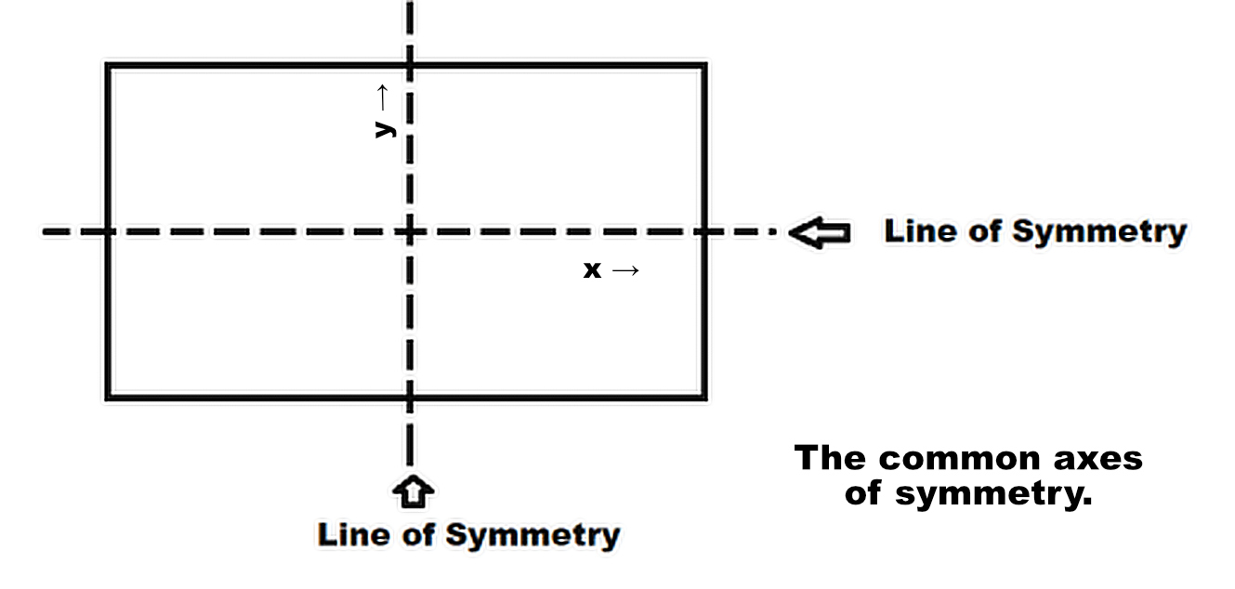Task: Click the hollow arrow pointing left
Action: [820, 232]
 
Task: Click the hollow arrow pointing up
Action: [414, 491]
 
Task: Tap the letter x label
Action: [592, 270]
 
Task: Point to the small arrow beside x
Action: [625, 270]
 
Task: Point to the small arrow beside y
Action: [381, 96]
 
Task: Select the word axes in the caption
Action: [1098, 458]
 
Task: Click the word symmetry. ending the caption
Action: [992, 493]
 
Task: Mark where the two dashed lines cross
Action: [410, 231]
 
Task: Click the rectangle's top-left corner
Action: [109, 66]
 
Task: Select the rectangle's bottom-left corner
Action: [109, 398]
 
